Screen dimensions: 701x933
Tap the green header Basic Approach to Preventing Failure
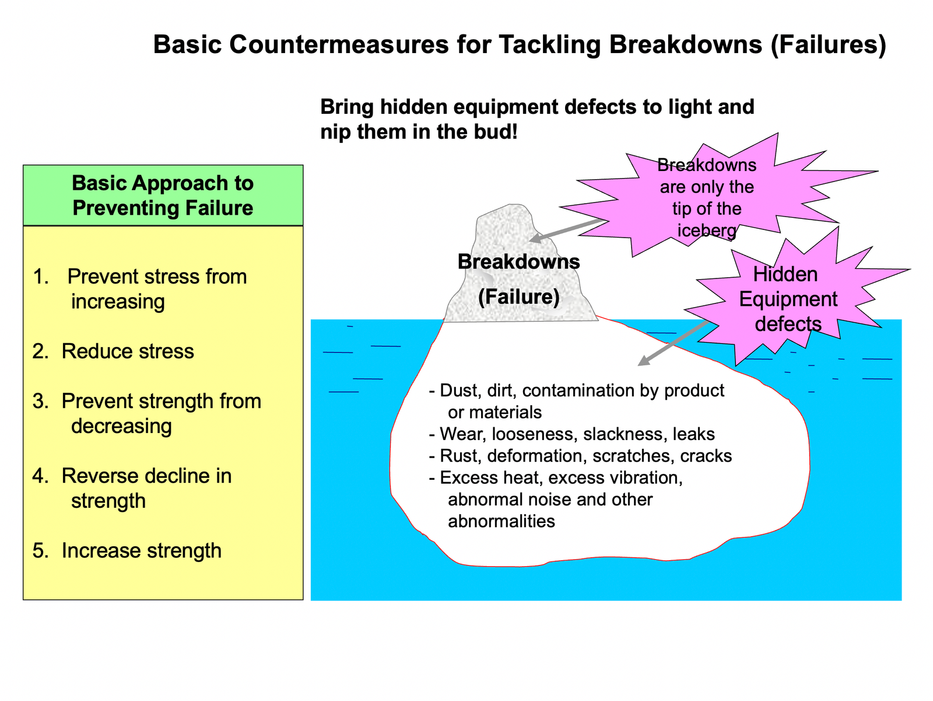(163, 196)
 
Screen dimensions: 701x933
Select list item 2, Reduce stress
(128, 351)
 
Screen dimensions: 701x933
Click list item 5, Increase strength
(141, 550)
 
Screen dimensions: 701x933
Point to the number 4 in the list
(40, 476)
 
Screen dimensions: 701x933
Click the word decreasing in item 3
(121, 426)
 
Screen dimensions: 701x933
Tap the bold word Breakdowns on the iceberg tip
(518, 261)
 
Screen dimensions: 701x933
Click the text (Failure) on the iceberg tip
(518, 297)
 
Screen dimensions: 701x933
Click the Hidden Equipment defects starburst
(788, 299)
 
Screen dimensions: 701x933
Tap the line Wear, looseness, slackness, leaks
(577, 434)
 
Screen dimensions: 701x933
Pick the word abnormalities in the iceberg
(501, 521)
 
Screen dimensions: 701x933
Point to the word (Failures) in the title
(827, 45)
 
